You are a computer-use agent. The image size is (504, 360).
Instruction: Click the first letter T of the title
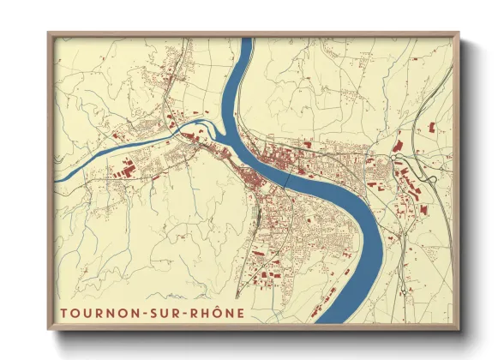pyautogui.click(x=64, y=310)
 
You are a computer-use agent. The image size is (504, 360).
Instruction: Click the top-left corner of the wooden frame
pyautogui.click(x=49, y=33)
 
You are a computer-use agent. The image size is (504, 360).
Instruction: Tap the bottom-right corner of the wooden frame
pyautogui.click(x=459, y=330)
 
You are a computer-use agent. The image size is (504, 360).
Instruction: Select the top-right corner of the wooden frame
pyautogui.click(x=459, y=33)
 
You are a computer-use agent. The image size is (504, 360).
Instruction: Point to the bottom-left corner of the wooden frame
pyautogui.click(x=49, y=330)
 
